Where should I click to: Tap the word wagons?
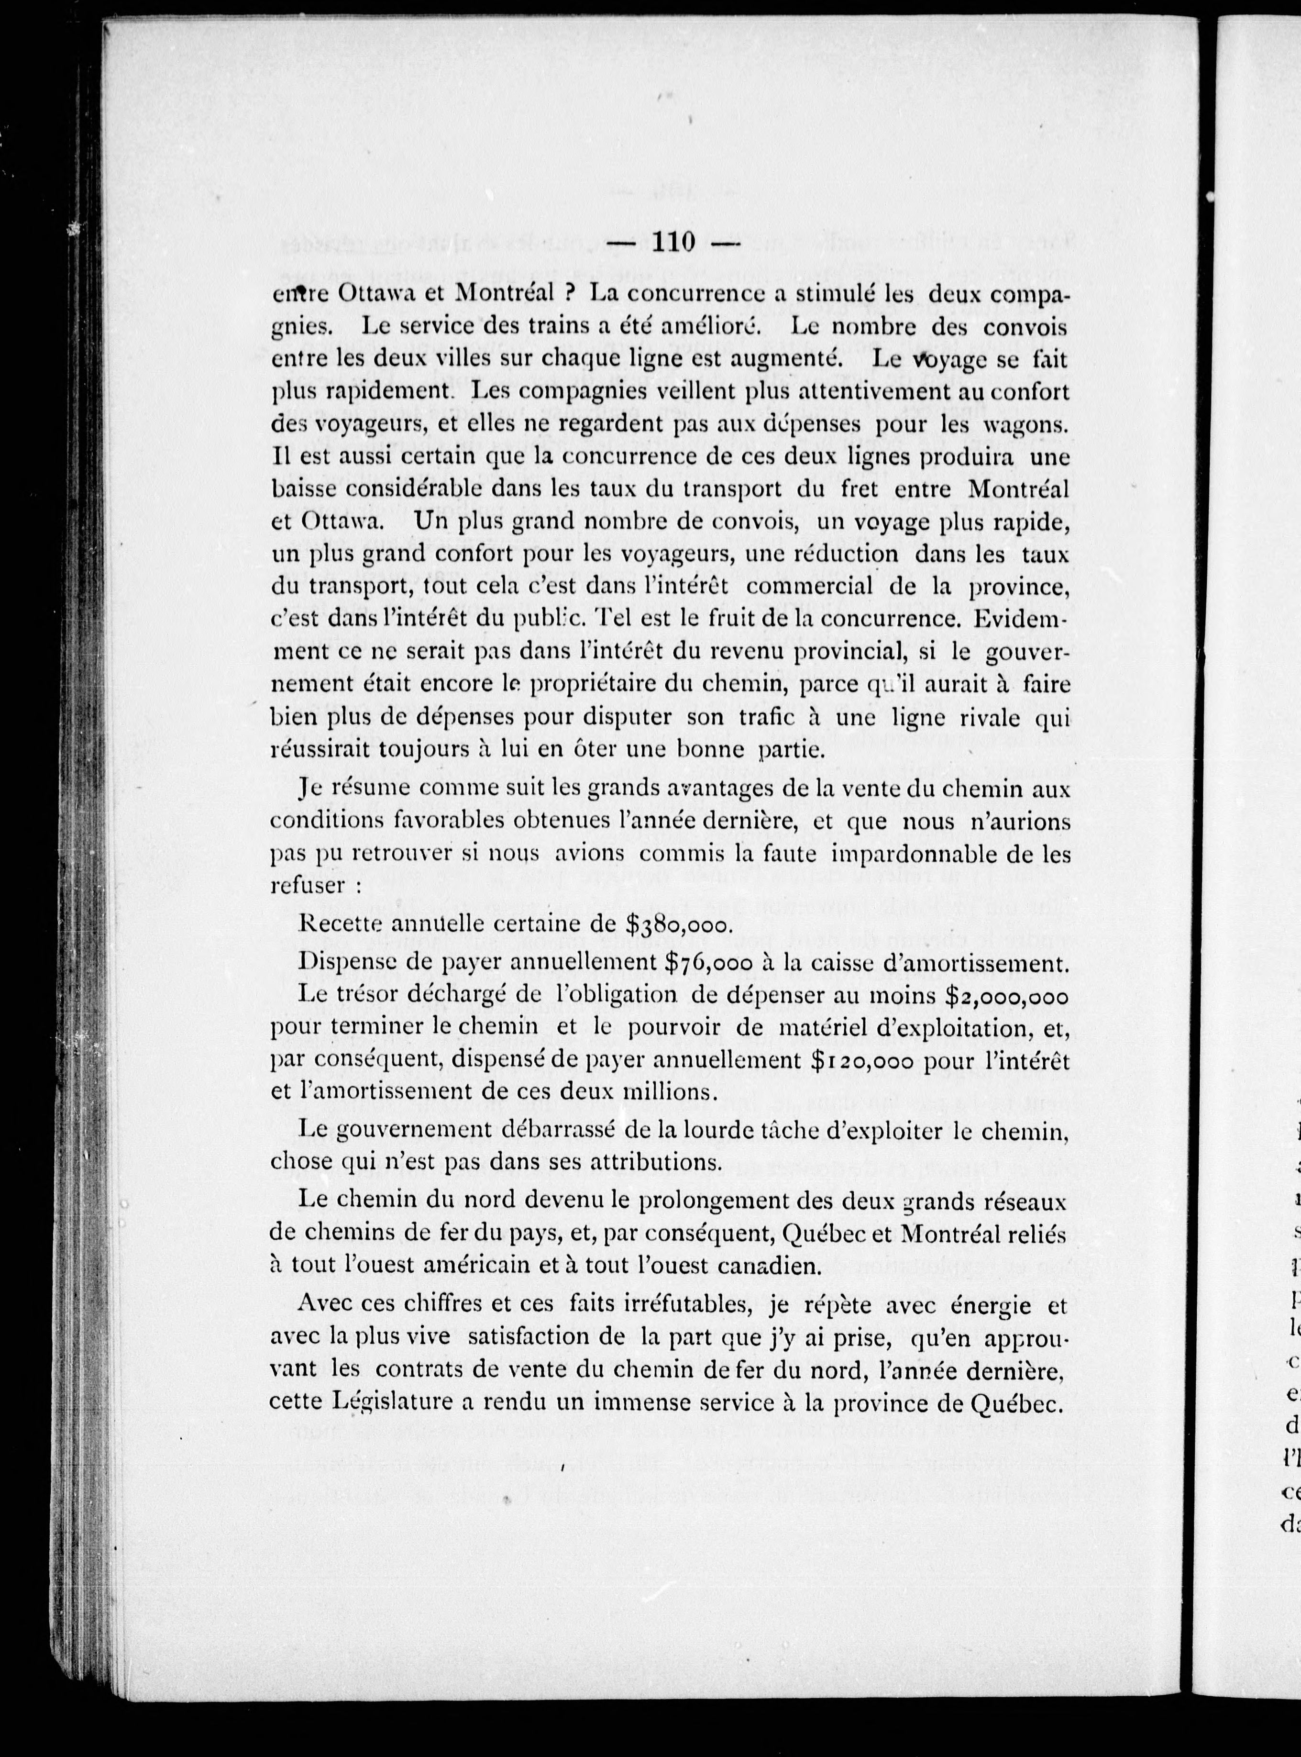pos(1028,423)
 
